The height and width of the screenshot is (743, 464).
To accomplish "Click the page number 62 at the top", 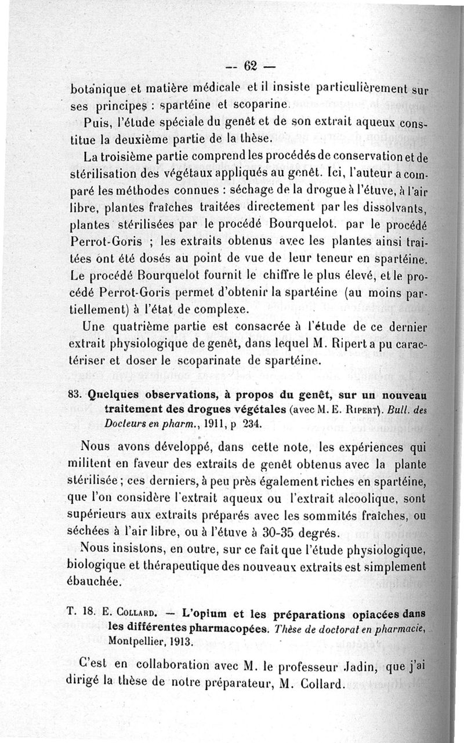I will (251, 66).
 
